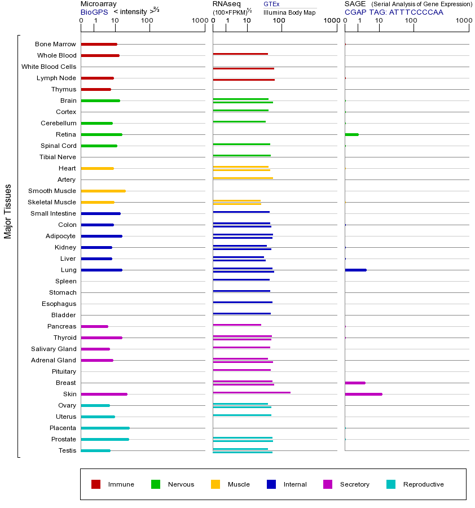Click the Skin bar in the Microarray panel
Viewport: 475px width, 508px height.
point(104,394)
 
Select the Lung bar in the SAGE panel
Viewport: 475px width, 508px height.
point(355,270)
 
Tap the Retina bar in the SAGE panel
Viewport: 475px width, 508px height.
point(351,134)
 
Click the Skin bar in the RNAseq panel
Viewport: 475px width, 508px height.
point(252,392)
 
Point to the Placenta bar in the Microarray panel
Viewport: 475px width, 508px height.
point(105,428)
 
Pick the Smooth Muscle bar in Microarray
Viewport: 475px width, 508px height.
point(103,191)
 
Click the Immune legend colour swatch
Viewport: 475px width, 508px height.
point(96,484)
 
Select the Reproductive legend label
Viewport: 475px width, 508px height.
point(423,484)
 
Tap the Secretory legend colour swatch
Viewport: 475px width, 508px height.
point(328,484)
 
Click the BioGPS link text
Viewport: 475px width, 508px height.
point(94,12)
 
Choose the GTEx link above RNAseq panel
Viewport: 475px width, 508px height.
point(271,5)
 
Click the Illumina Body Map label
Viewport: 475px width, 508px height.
point(289,12)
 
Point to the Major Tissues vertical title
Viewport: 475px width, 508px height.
point(8,211)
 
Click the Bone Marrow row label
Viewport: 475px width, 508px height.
point(55,44)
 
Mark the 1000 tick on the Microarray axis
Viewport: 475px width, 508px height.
point(199,21)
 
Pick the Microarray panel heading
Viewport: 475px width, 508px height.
point(99,4)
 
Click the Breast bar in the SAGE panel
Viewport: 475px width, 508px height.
point(355,383)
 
